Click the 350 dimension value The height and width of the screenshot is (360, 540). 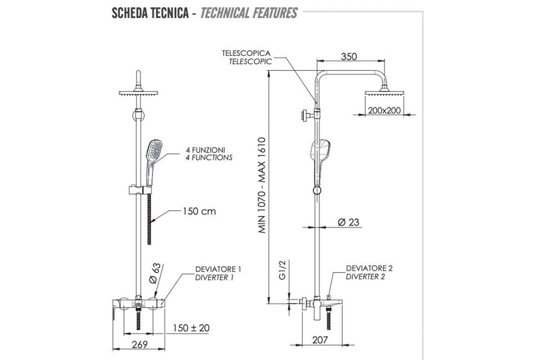349,57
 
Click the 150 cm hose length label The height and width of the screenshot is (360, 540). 199,211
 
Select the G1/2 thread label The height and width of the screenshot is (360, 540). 282,270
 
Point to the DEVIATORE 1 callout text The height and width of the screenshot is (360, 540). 218,269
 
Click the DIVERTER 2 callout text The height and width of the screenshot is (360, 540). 365,277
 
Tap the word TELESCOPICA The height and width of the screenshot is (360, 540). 246,53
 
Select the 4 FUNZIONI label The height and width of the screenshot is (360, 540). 209,149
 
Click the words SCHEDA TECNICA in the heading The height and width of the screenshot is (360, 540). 150,13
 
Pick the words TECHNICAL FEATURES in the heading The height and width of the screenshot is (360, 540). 249,13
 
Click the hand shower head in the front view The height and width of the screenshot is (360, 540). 154,149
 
